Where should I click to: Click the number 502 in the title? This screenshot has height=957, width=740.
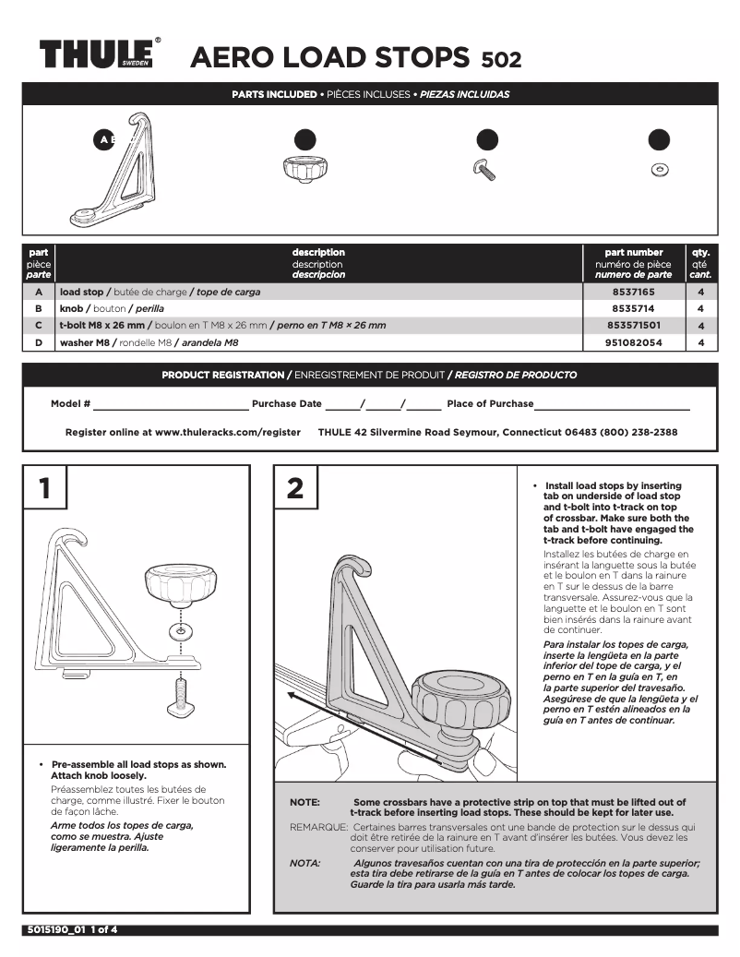tap(501, 60)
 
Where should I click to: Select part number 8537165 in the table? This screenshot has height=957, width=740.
tap(633, 292)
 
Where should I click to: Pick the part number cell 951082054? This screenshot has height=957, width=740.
tap(633, 341)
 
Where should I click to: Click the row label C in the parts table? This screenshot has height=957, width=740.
tap(39, 325)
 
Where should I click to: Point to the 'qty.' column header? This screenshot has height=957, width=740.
tap(700, 252)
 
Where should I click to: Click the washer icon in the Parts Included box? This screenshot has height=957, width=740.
tap(660, 170)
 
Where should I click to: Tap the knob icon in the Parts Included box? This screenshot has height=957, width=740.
tap(304, 169)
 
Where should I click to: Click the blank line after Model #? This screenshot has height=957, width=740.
tap(171, 404)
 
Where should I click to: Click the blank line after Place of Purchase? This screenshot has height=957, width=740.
tap(612, 404)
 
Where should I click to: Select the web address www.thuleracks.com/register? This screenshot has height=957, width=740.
tap(228, 432)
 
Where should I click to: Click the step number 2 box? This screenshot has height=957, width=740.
tap(295, 488)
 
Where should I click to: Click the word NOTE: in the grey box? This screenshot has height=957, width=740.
tap(305, 803)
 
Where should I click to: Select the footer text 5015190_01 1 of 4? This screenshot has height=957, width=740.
tap(71, 929)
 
